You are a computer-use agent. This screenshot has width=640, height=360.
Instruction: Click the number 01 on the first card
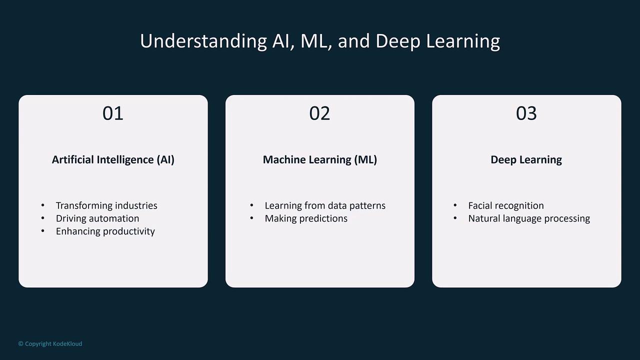pyautogui.click(x=113, y=113)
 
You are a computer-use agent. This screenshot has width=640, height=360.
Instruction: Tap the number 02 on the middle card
pyautogui.click(x=319, y=113)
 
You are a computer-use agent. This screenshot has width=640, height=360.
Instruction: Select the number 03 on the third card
pyautogui.click(x=526, y=113)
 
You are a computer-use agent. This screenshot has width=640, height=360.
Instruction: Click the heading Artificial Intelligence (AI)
pyautogui.click(x=113, y=159)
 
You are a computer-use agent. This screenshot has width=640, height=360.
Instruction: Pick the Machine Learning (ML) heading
pyautogui.click(x=320, y=159)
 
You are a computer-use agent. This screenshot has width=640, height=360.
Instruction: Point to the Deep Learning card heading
pyautogui.click(x=526, y=159)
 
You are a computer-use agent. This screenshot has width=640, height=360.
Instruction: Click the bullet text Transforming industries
pyautogui.click(x=106, y=205)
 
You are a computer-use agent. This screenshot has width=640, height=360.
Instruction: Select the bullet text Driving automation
pyautogui.click(x=97, y=218)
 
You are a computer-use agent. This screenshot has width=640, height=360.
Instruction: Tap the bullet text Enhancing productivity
pyautogui.click(x=105, y=231)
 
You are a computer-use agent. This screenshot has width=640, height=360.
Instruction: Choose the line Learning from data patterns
pyautogui.click(x=325, y=205)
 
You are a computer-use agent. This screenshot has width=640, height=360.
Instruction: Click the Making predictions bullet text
pyautogui.click(x=306, y=218)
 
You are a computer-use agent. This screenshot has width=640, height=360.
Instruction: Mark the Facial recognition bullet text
pyautogui.click(x=506, y=205)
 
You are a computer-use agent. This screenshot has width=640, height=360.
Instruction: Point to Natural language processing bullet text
pyautogui.click(x=529, y=218)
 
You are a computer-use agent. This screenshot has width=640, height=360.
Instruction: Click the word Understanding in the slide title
pyautogui.click(x=203, y=41)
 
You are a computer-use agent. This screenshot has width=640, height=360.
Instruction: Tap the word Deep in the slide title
pyautogui.click(x=398, y=41)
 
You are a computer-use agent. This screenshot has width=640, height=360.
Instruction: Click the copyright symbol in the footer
pyautogui.click(x=20, y=343)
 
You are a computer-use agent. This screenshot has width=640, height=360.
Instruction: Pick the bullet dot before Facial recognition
pyautogui.click(x=455, y=205)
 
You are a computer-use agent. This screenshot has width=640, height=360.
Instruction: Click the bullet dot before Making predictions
pyautogui.click(x=251, y=218)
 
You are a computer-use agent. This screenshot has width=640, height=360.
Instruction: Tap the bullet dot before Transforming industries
pyautogui.click(x=43, y=205)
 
